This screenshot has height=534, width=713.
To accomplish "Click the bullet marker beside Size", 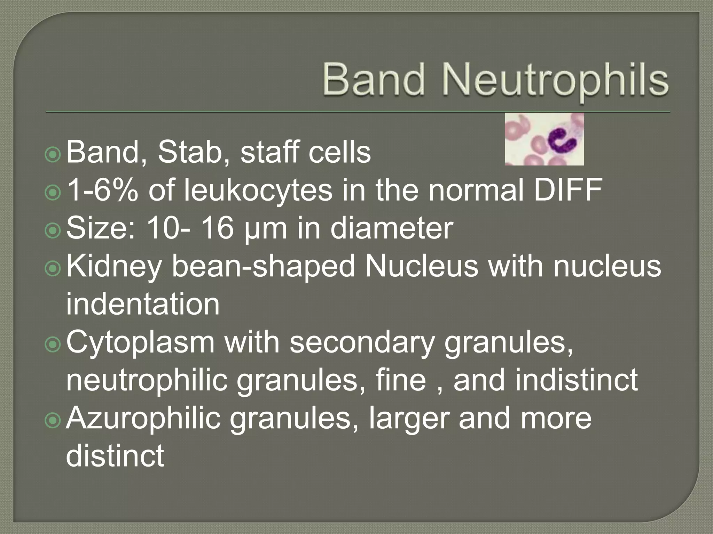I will [53, 229].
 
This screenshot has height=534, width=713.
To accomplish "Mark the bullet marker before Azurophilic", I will [53, 419].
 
